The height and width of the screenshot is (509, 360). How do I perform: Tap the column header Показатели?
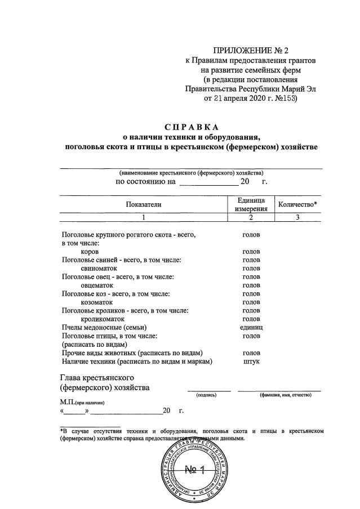(143, 204)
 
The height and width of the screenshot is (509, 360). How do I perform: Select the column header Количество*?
(297, 204)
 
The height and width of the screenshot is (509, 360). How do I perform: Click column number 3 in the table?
(297, 217)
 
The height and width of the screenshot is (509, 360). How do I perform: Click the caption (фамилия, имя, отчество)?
(285, 395)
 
